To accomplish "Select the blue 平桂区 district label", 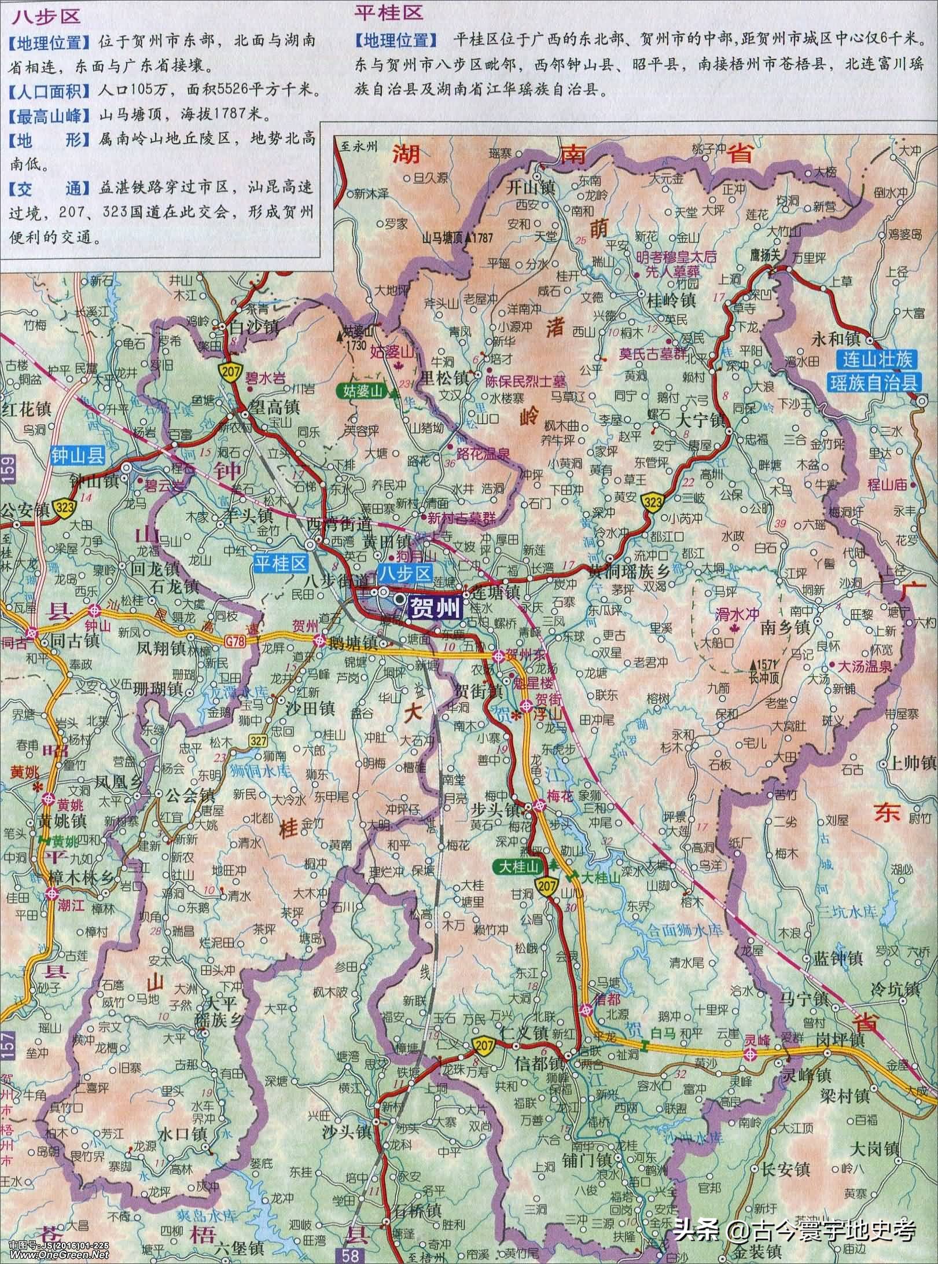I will [279, 564].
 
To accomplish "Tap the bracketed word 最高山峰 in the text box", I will [49, 116].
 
